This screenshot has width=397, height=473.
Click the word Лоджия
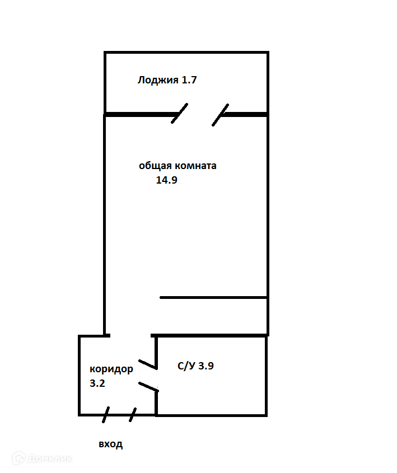[x=157, y=80]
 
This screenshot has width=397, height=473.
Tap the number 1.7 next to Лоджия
[x=189, y=80]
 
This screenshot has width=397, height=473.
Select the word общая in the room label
[x=155, y=166]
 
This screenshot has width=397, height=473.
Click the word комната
[x=195, y=166]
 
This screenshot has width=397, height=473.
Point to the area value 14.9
[x=166, y=180]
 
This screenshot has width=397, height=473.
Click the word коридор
[x=111, y=369]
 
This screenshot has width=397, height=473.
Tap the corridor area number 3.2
[x=97, y=384]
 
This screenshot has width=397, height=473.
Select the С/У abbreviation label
[x=186, y=367]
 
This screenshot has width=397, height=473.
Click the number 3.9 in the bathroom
[x=205, y=367]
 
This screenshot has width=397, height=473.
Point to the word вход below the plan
[x=110, y=444]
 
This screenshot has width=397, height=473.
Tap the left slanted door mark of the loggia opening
[x=179, y=113]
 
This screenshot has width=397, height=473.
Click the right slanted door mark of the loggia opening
[x=221, y=115]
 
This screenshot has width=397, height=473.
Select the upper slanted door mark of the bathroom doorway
[x=147, y=364]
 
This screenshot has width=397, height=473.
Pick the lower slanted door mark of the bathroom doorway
[x=148, y=386]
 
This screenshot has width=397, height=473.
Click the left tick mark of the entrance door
[x=106, y=415]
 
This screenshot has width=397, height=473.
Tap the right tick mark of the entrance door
[x=133, y=415]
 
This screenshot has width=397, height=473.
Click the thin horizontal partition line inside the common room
[x=213, y=297]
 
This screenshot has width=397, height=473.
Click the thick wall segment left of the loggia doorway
[x=140, y=115]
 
